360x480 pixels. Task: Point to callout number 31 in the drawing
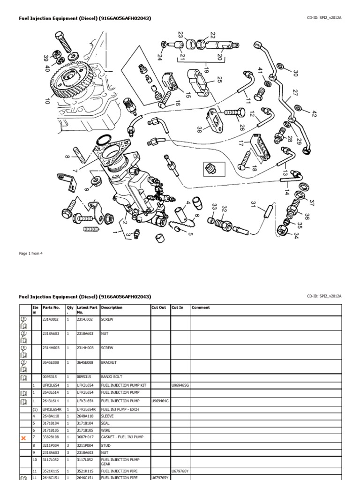[x=254, y=205]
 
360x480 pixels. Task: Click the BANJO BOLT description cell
[x=111, y=377]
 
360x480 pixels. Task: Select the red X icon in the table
[x=23, y=438]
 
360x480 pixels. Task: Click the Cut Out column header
[x=159, y=308]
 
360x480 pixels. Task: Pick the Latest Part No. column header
[x=87, y=310]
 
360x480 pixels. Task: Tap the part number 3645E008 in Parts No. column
[x=51, y=362]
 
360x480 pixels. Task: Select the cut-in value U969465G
[x=180, y=385]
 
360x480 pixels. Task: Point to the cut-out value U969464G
[x=160, y=402]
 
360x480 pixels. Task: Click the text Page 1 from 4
[x=31, y=254]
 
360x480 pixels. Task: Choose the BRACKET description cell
[x=109, y=362]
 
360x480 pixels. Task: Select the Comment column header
[x=201, y=308]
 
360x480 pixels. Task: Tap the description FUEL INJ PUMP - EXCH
[x=120, y=409]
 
